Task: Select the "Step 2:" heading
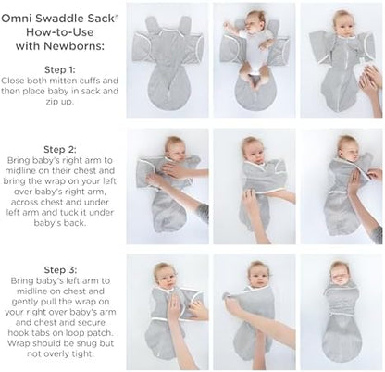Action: [61, 146]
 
